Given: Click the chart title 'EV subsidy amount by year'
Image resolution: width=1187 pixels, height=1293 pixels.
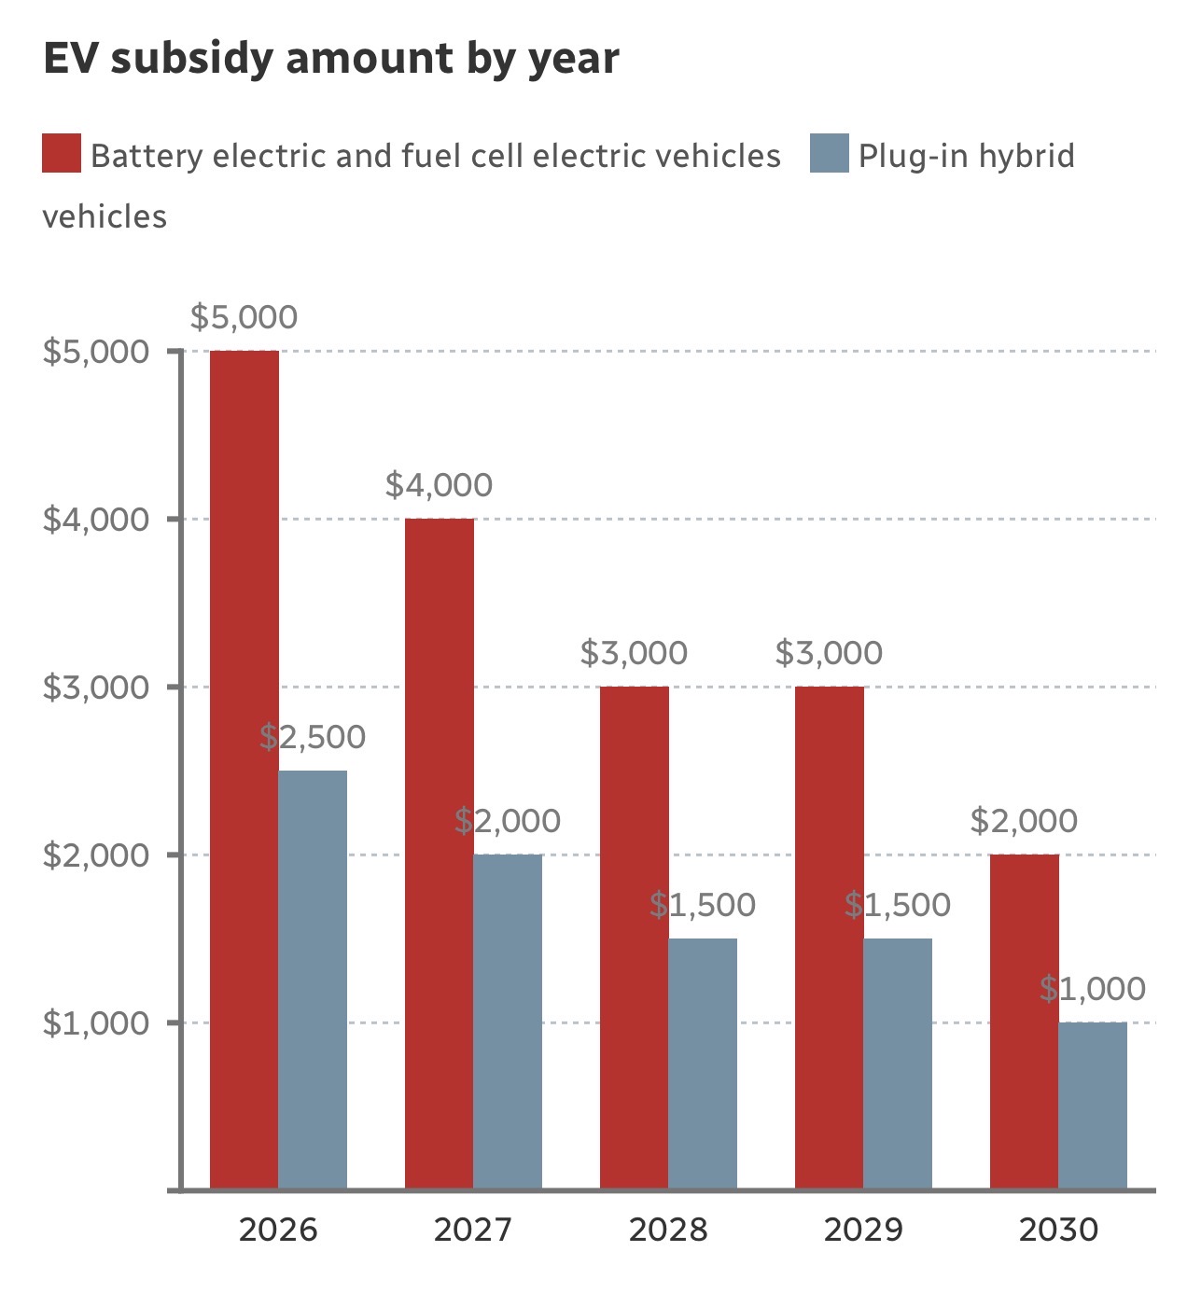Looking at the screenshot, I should [x=331, y=59].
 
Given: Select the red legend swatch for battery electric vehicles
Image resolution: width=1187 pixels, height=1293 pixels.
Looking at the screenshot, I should [x=62, y=154].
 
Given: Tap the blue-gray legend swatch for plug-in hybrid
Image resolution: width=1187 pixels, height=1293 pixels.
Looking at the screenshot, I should [x=830, y=154].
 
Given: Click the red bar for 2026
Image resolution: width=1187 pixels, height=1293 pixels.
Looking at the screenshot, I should [x=244, y=770].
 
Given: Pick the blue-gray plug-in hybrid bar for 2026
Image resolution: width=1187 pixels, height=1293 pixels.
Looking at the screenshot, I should [x=313, y=980].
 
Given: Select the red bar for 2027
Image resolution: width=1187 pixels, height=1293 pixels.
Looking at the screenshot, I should [x=439, y=854].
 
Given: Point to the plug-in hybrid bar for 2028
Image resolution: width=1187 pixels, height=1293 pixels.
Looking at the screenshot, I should [x=703, y=1064].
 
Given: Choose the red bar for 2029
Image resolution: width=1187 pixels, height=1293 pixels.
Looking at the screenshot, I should [x=829, y=938].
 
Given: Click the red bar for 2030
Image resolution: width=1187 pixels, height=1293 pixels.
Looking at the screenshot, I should [x=1024, y=1022].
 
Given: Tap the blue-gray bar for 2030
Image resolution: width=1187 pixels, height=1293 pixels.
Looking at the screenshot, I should [x=1093, y=1105].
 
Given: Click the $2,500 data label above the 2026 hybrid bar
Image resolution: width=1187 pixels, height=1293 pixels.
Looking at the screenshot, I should [x=313, y=737].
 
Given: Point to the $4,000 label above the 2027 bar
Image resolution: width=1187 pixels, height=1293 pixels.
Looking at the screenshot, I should [x=439, y=485].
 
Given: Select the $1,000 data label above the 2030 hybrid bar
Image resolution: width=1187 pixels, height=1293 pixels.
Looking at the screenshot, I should [x=1093, y=989].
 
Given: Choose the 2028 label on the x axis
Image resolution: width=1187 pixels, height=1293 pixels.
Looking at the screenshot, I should [x=668, y=1230].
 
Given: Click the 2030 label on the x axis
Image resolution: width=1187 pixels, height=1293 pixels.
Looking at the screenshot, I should [x=1058, y=1230].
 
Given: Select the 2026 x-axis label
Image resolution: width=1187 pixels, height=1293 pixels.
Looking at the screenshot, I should [x=278, y=1230].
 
